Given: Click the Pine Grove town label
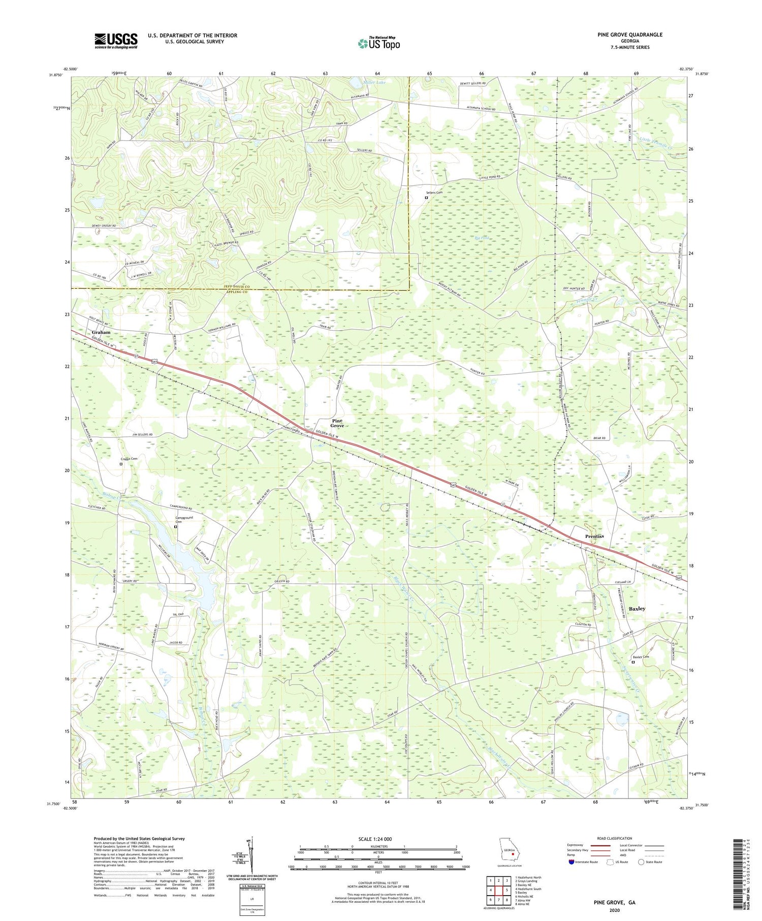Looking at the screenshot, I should coord(337,423).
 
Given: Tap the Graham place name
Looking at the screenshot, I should coord(101,332).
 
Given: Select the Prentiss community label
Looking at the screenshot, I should coord(594,536).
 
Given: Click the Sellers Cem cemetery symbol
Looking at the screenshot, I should coord(426,198).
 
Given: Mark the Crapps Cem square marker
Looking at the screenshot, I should coord(121,464).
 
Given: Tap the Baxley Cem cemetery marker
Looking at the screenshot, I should coord(633,662).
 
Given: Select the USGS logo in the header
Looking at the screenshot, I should coord(116,41).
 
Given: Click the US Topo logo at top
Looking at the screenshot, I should coord(378,43).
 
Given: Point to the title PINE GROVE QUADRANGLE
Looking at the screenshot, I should coord(630,35).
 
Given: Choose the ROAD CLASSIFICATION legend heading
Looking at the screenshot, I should coord(615,838).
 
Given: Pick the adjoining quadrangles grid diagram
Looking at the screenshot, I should coord(498,889).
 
